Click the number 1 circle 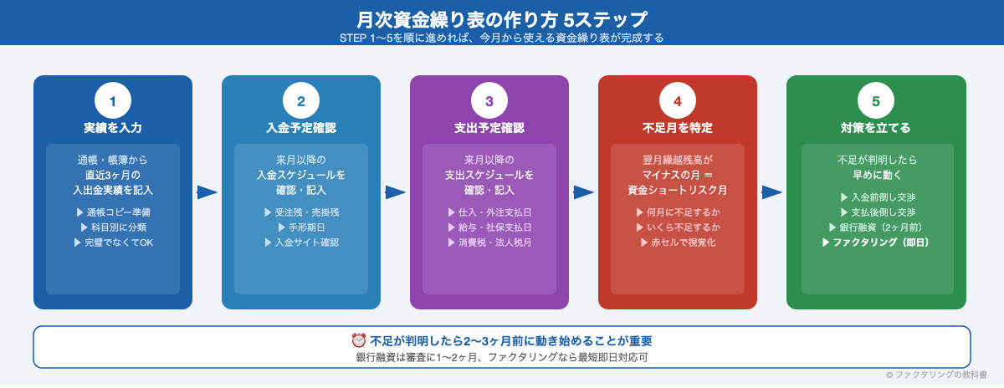113,101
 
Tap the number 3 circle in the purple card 489,101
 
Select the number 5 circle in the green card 876,101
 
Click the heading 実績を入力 113,128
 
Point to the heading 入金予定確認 301,128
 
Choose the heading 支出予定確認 489,128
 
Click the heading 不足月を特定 678,128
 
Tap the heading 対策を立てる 876,128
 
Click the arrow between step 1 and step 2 207,192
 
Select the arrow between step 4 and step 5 771,192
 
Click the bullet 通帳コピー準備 113,212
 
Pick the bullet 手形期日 301,227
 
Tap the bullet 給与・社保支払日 489,227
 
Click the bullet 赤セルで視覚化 678,242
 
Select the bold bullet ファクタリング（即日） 876,242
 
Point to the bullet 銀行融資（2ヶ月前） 876,227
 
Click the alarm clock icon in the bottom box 359,340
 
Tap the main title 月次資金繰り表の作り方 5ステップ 502,18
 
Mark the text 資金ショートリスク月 678,190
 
